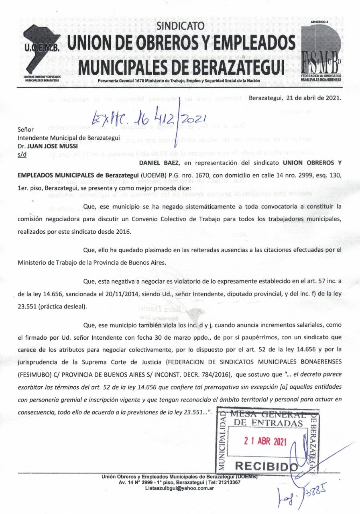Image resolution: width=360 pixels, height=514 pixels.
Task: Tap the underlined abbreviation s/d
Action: coord(22,155)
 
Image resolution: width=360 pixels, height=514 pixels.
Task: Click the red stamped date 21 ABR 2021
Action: coord(265,442)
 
